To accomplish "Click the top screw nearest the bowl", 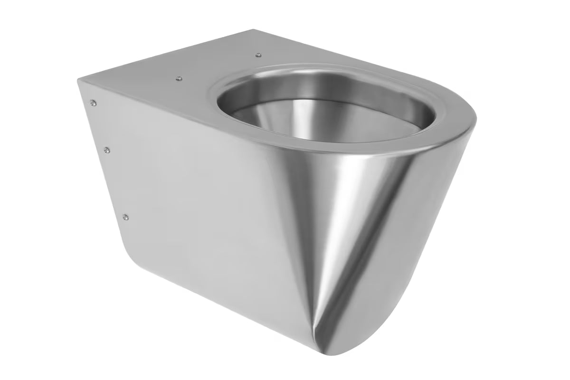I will pyautogui.click(x=257, y=56).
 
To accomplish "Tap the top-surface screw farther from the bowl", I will pyautogui.click(x=178, y=78).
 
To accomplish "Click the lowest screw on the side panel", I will pyautogui.click(x=125, y=217).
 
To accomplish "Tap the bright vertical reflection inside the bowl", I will pyautogui.click(x=304, y=114).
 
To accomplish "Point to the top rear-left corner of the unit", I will pyautogui.click(x=79, y=81).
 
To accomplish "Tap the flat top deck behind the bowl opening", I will pyautogui.click(x=190, y=66).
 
